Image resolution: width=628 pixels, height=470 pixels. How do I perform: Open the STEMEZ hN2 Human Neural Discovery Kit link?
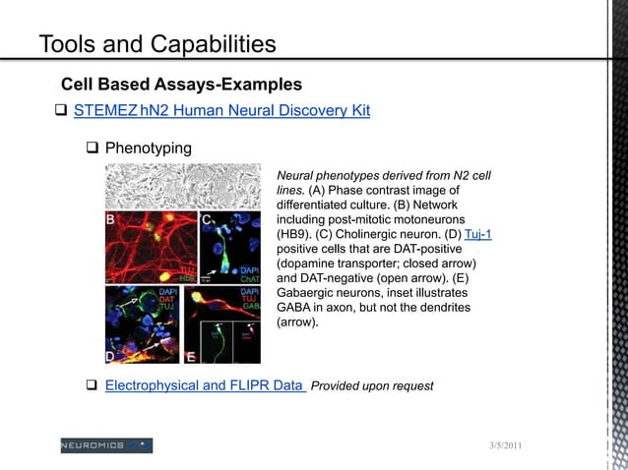pyautogui.click(x=221, y=110)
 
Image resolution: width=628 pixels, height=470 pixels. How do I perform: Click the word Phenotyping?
pyautogui.click(x=149, y=148)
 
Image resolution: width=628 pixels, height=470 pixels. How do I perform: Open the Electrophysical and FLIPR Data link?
pyautogui.click(x=204, y=385)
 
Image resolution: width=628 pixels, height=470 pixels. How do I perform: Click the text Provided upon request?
pyautogui.click(x=372, y=386)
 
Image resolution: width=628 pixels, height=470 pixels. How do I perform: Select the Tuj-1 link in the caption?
pyautogui.click(x=477, y=234)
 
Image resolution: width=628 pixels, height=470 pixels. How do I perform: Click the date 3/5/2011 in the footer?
pyautogui.click(x=506, y=448)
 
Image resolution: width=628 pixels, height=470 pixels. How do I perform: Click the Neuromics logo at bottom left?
pyautogui.click(x=106, y=445)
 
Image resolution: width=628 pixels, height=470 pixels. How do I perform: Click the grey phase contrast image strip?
pyautogui.click(x=190, y=184)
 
